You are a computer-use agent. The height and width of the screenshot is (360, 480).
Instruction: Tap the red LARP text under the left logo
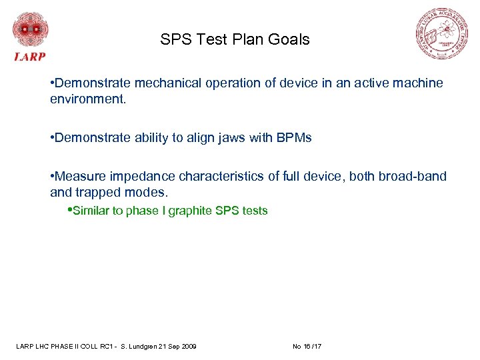coord(30,57)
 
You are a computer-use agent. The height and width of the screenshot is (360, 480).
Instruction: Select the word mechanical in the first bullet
coord(166,83)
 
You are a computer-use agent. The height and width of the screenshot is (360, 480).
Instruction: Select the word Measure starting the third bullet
coord(78,177)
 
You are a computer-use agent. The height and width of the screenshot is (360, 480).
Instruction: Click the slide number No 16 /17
coord(307,346)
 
